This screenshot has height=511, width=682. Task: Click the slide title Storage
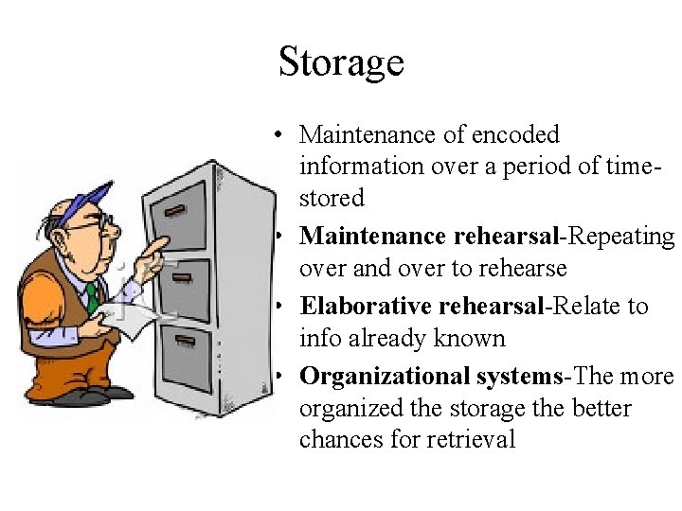341,62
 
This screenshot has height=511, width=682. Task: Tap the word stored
332,199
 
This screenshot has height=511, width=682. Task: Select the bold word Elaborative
374,306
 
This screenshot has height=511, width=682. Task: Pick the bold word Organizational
382,376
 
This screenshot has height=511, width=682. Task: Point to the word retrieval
468,439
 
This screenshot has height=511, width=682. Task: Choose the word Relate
588,306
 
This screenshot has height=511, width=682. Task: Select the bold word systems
515,376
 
